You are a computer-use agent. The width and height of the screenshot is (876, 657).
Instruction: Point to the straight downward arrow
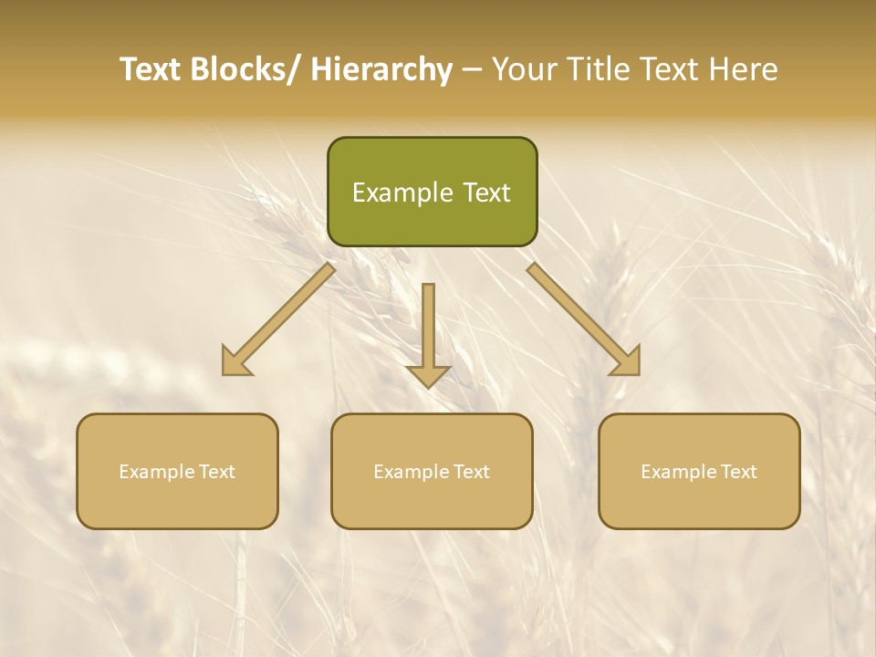click(x=428, y=333)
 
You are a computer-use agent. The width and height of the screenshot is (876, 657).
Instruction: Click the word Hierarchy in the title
click(x=381, y=70)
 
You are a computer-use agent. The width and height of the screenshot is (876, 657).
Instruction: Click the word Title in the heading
click(x=599, y=70)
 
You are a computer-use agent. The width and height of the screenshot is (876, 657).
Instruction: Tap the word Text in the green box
click(x=486, y=193)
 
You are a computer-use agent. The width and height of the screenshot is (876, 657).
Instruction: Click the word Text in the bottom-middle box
click(x=471, y=472)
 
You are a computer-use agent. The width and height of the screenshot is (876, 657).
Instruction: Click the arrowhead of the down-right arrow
click(x=627, y=361)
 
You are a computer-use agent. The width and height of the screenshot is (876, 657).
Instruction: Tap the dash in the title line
click(x=472, y=70)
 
